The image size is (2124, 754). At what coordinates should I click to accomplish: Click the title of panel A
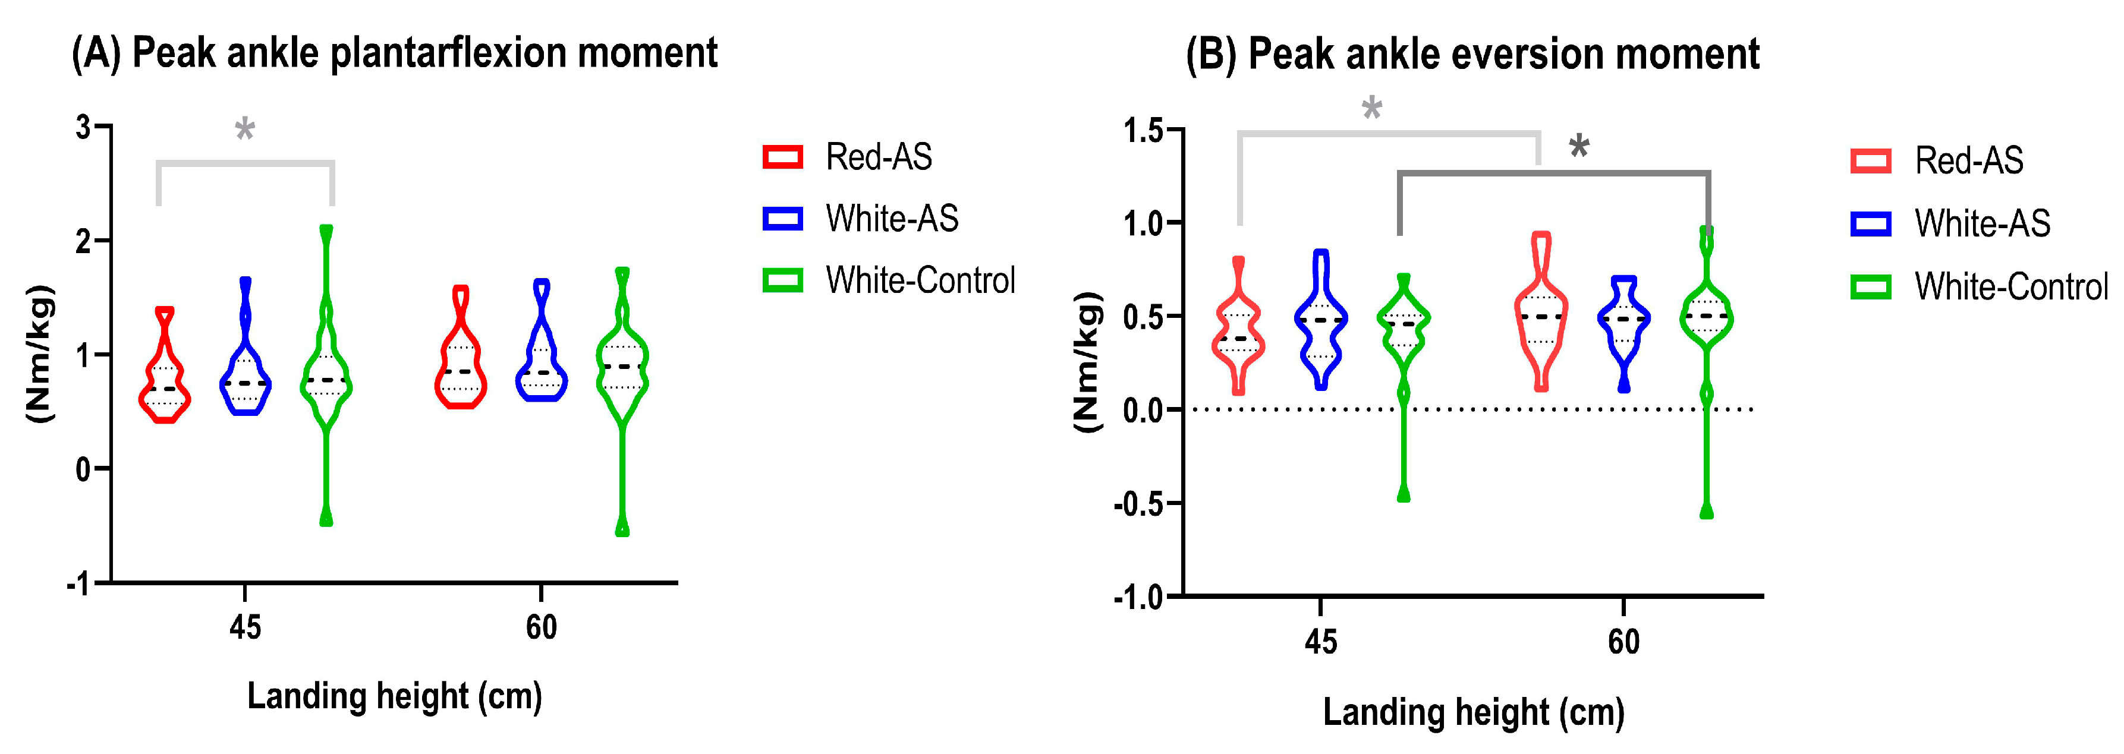[x=394, y=53]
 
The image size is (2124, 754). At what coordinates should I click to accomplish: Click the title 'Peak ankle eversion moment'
[x=1472, y=55]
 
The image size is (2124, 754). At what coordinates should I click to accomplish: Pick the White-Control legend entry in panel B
[x=1979, y=287]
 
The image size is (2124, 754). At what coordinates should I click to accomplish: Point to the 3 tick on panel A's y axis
[x=83, y=127]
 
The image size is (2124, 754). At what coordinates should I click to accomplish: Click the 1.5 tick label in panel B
[x=1143, y=130]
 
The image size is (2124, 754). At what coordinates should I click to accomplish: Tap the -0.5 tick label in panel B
[x=1138, y=503]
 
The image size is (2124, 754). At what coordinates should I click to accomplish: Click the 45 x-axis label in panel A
[x=245, y=628]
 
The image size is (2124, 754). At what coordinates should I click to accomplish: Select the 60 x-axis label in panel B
[x=1623, y=641]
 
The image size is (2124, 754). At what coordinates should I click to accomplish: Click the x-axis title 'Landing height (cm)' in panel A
[x=394, y=696]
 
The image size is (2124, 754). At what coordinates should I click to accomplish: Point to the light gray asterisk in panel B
[x=1371, y=108]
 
